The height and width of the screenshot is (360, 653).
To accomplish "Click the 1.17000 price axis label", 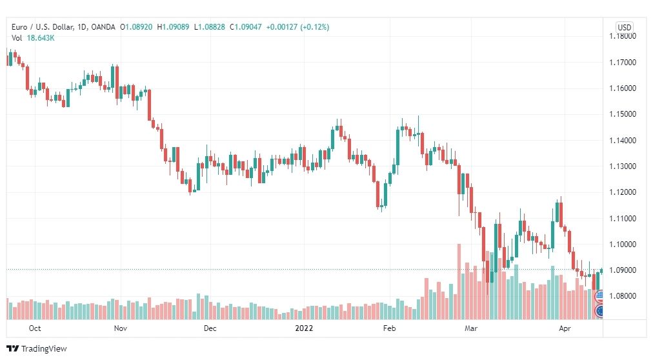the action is click(x=623, y=63).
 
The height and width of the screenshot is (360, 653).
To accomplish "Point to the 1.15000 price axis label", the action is click(x=623, y=114).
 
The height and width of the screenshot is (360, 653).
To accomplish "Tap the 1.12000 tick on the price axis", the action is click(x=623, y=192).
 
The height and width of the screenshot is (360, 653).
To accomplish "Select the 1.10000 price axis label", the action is click(x=623, y=245).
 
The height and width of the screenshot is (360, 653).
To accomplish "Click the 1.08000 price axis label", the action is click(x=623, y=296).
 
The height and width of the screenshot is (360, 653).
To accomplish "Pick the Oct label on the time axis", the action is click(x=35, y=328).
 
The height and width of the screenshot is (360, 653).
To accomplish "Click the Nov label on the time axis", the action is click(x=121, y=328).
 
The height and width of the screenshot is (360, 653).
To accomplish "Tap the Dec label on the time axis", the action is click(x=210, y=328).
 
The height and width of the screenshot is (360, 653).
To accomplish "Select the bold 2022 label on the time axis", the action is click(x=304, y=328).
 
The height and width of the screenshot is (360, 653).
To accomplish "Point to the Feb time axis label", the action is click(x=389, y=328).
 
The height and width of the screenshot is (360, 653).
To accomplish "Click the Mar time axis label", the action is click(x=471, y=328).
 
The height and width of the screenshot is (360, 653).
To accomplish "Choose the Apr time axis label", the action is click(x=565, y=328).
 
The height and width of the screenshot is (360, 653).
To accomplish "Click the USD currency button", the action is click(x=624, y=28).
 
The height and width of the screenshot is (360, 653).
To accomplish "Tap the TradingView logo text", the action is click(x=44, y=349).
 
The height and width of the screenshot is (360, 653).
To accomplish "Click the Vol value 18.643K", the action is click(x=41, y=38).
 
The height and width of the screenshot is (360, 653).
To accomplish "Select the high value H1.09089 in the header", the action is click(x=173, y=27).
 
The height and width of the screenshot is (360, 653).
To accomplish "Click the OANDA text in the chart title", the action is click(x=103, y=27).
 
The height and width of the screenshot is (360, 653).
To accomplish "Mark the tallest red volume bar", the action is click(x=459, y=282).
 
